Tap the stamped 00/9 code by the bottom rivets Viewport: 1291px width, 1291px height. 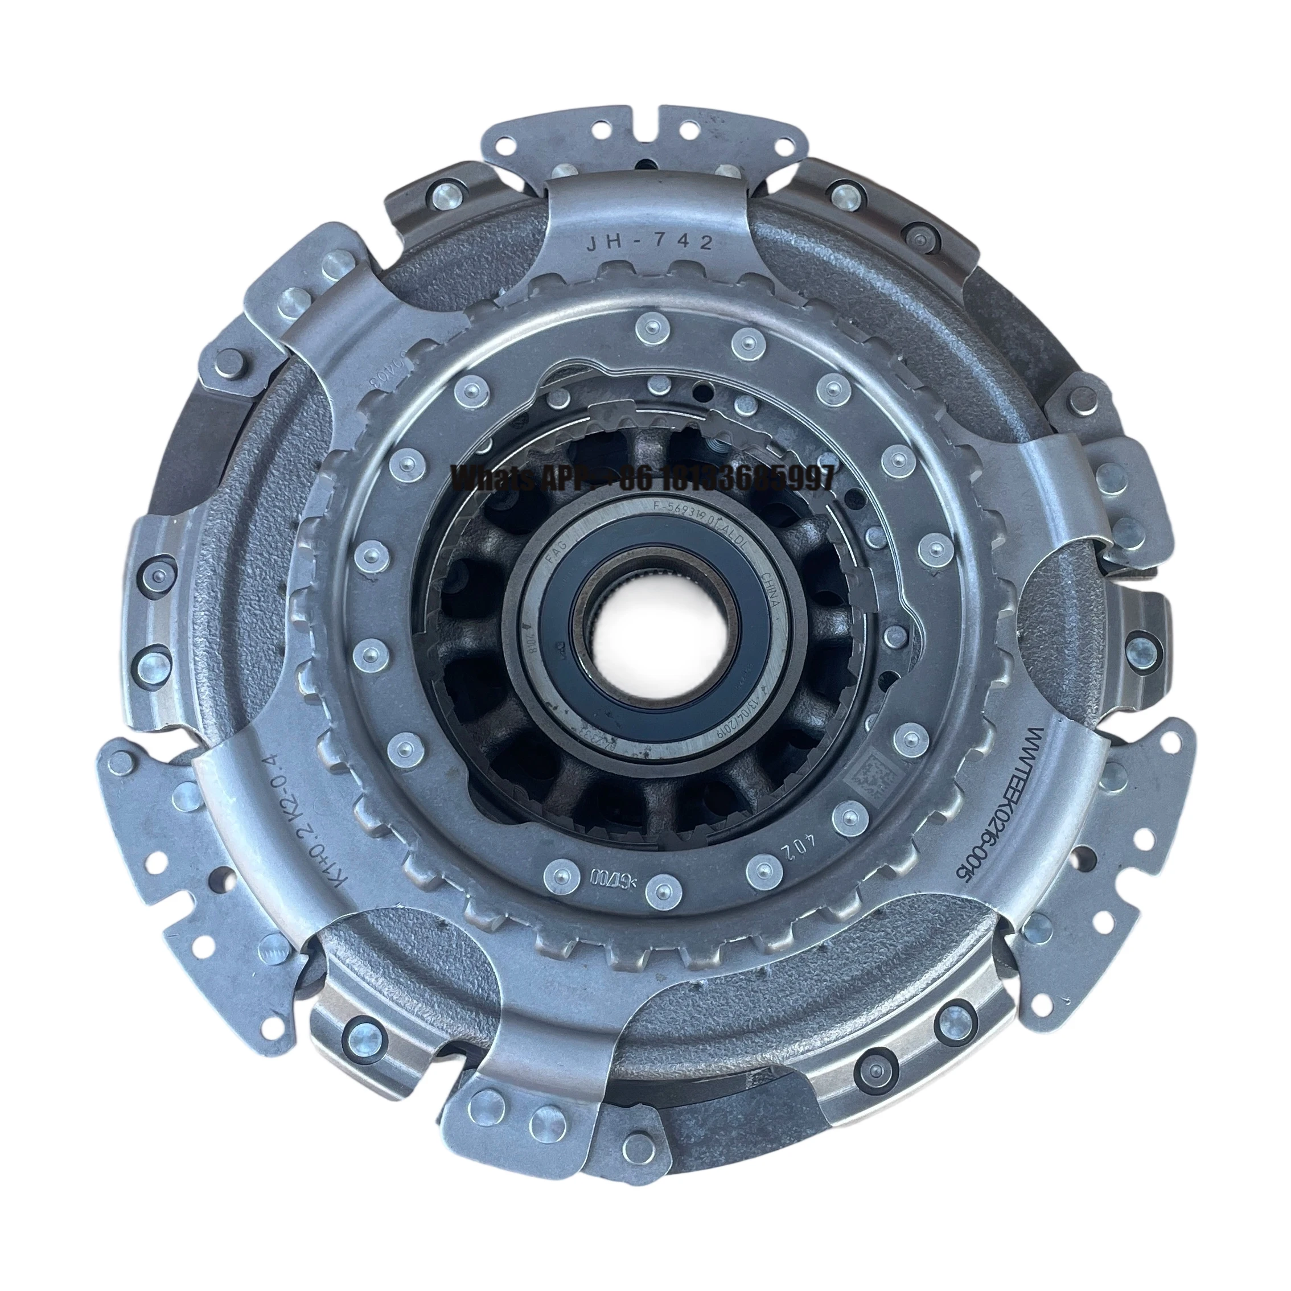pyautogui.click(x=605, y=875)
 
